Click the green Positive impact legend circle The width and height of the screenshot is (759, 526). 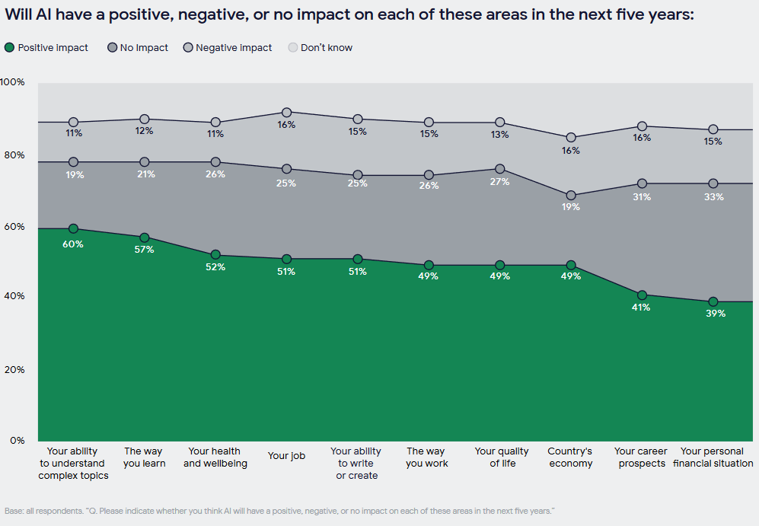point(10,48)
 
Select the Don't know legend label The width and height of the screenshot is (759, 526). point(327,48)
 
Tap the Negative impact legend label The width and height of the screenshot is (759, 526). point(234,48)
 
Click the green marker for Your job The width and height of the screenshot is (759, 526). point(287,259)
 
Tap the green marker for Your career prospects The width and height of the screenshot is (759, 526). point(642,295)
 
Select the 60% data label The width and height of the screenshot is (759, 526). point(74,244)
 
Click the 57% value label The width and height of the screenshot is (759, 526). point(144,250)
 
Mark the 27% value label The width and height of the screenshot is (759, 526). point(500,182)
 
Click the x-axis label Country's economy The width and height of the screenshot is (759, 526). point(570,457)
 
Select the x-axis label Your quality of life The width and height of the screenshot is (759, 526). point(502,457)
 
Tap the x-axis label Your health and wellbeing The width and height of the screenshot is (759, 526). point(215,457)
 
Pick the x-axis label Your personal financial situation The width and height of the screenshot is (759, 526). point(713,457)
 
